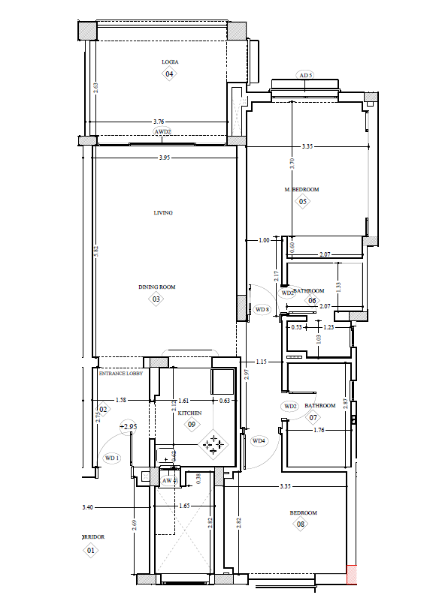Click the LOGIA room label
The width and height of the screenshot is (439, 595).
170,62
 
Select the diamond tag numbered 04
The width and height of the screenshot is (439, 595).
169,74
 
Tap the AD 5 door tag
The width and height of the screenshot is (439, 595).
305,76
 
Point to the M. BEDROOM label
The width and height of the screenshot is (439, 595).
301,190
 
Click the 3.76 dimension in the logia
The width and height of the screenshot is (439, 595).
159,121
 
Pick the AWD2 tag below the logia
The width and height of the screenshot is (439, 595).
163,131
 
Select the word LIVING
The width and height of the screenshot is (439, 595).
163,212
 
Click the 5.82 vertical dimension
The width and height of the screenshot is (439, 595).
96,253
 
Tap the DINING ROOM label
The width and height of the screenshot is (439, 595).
156,287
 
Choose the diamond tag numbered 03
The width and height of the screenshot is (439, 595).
156,299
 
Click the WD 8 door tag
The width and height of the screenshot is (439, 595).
262,309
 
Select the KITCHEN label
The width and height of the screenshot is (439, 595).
190,413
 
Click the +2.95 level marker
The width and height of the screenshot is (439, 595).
129,426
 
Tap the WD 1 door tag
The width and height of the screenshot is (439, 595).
112,458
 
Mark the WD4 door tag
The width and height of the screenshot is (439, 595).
259,440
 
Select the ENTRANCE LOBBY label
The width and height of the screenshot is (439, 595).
120,372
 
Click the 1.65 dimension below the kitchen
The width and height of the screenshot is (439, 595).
183,506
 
